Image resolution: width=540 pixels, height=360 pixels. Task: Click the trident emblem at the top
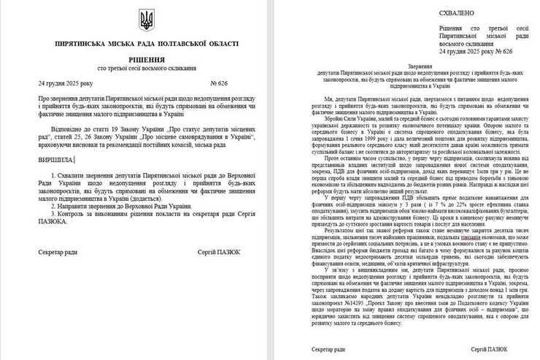pos(141,20)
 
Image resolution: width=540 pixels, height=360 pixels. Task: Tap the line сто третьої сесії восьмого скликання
pos(141,70)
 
